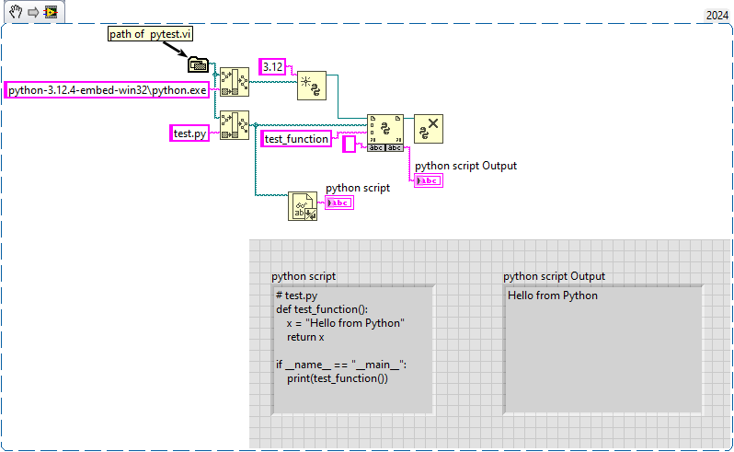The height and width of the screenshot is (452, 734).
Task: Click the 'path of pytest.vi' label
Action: click(150, 34)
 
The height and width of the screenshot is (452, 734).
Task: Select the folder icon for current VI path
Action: click(198, 64)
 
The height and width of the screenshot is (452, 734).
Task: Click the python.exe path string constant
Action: click(108, 90)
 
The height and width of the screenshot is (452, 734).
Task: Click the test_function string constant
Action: click(296, 138)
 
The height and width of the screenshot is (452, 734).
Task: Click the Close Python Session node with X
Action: click(429, 129)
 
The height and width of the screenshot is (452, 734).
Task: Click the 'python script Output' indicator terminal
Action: click(429, 181)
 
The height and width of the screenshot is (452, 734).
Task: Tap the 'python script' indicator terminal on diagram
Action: click(339, 203)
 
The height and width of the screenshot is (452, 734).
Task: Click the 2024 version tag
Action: click(717, 15)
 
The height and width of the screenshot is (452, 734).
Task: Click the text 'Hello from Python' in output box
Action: click(553, 296)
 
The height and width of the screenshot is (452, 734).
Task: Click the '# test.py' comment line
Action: click(296, 296)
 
